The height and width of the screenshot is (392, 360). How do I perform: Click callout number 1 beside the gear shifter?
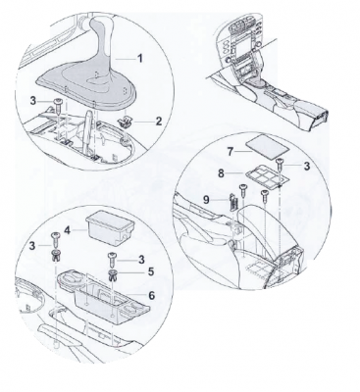pyautogui.click(x=140, y=59)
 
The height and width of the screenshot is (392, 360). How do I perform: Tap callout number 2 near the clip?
pyautogui.click(x=159, y=122)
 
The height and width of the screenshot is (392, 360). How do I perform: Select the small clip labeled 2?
pyautogui.click(x=125, y=122)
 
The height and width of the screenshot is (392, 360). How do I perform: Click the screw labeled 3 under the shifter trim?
pyautogui.click(x=58, y=105)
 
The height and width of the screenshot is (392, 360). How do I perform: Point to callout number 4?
pyautogui.click(x=68, y=230)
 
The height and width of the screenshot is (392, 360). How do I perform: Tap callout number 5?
pyautogui.click(x=150, y=271)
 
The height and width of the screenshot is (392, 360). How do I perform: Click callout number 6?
pyautogui.click(x=151, y=295)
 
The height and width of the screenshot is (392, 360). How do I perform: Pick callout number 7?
pyautogui.click(x=231, y=152)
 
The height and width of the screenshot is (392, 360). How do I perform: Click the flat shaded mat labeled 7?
pyautogui.click(x=267, y=147)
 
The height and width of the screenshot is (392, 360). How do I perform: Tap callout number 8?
pyautogui.click(x=222, y=173)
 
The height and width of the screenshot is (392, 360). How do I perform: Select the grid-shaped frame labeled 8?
pyautogui.click(x=267, y=175)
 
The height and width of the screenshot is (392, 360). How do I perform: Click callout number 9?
pyautogui.click(x=206, y=200)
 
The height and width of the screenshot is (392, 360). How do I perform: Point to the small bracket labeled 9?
pyautogui.click(x=232, y=202)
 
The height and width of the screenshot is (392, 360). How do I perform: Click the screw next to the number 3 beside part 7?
pyautogui.click(x=281, y=164)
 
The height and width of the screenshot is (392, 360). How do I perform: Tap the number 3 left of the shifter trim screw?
pyautogui.click(x=33, y=101)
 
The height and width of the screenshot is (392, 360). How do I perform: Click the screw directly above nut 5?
pyautogui.click(x=112, y=260)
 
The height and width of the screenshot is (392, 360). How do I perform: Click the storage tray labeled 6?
pyautogui.click(x=104, y=297)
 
